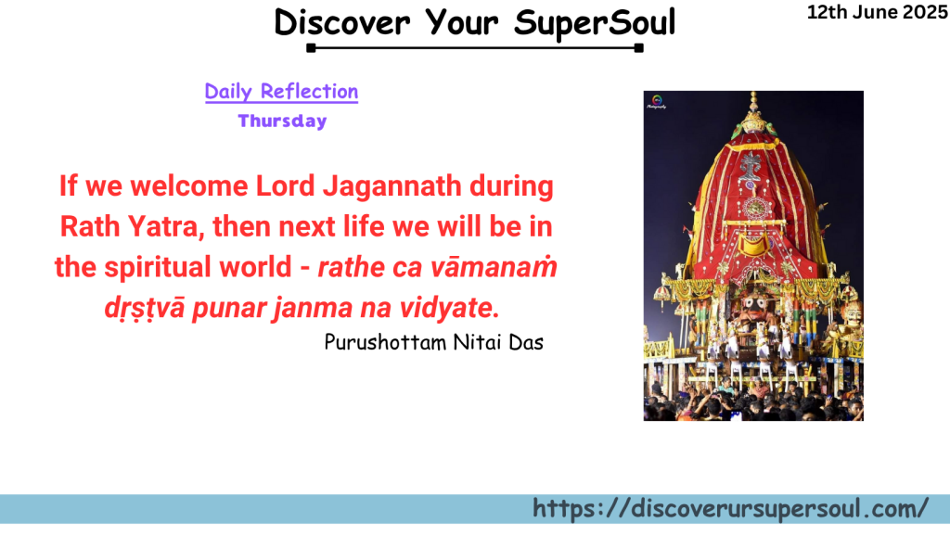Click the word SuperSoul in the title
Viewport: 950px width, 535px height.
click(595, 21)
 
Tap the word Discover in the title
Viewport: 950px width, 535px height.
click(343, 21)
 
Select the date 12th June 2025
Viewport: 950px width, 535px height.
click(878, 12)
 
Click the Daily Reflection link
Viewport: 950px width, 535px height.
click(281, 92)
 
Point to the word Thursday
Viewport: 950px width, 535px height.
click(282, 121)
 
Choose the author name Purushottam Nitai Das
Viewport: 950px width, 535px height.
click(433, 342)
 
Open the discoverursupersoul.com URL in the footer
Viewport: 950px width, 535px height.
click(730, 508)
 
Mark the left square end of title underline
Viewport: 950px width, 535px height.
click(311, 47)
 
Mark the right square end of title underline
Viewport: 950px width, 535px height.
click(639, 47)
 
